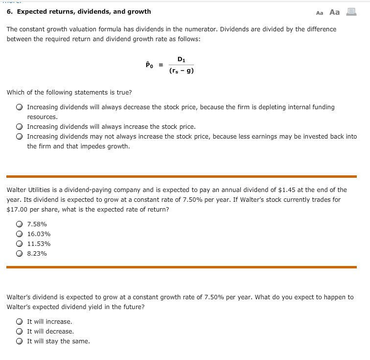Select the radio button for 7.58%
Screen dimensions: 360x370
(x=19, y=224)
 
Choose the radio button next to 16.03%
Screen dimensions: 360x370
(x=19, y=234)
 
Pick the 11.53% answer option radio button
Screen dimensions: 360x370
(x=19, y=244)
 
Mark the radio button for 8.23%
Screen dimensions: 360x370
(x=19, y=254)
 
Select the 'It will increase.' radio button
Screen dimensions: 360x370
(x=19, y=322)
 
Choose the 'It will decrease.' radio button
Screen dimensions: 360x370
(x=19, y=332)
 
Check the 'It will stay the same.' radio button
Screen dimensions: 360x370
(x=19, y=341)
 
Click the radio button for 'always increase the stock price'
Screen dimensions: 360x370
(x=19, y=127)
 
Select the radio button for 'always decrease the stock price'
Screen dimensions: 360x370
(x=19, y=107)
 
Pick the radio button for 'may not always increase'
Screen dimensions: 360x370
(x=19, y=137)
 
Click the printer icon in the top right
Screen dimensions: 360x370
(x=351, y=12)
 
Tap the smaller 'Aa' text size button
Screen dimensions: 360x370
(x=320, y=13)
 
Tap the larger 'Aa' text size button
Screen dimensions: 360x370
(x=334, y=12)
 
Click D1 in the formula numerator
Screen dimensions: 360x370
(x=181, y=60)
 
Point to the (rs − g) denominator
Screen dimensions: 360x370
(x=181, y=71)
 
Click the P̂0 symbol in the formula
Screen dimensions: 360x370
(x=149, y=65)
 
